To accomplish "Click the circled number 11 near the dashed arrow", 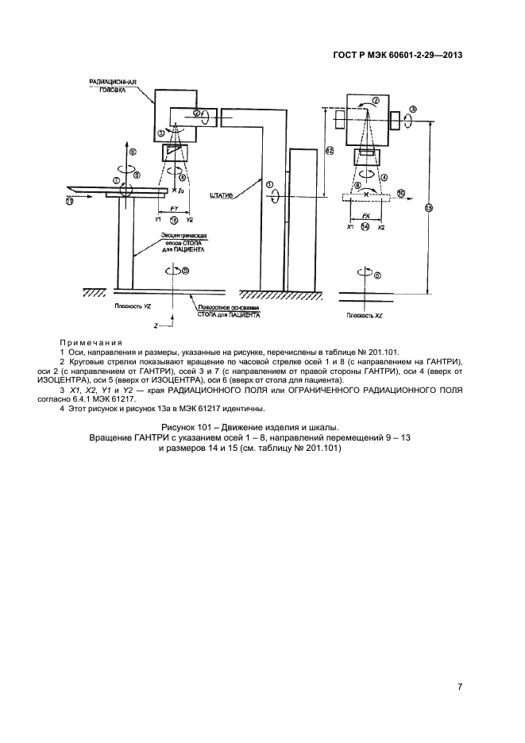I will click(69, 202).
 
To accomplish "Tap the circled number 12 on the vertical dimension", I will click(330, 150).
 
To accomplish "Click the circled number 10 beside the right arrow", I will click(400, 193).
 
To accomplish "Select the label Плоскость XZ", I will click(365, 314).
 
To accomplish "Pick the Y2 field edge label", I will click(189, 219).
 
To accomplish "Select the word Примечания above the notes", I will click(88, 341).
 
